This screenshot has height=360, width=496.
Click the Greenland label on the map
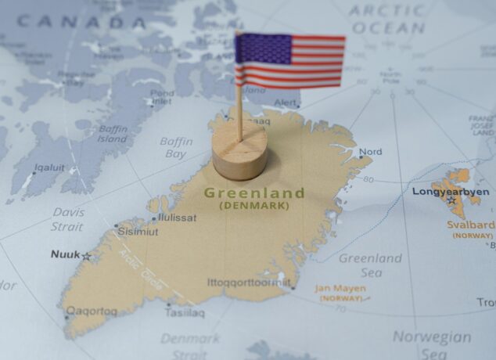click(253, 192)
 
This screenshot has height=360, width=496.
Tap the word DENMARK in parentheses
click(253, 205)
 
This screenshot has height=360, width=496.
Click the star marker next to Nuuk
click(86, 256)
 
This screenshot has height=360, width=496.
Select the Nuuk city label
click(65, 254)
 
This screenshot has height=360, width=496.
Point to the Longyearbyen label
click(451, 191)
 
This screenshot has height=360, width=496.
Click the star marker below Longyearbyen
click(451, 201)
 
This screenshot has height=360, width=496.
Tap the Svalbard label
click(470, 225)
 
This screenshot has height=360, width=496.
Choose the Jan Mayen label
click(340, 288)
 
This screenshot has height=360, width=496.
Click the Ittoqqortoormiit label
click(249, 282)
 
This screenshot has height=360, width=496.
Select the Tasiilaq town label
click(185, 313)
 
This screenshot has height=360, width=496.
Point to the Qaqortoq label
click(92, 311)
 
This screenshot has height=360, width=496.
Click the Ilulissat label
click(177, 218)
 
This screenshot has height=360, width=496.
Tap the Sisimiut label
click(138, 232)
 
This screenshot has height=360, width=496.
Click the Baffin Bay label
click(176, 148)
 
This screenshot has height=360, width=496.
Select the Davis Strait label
click(68, 219)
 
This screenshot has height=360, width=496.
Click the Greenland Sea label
click(371, 265)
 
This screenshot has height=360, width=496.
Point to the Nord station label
click(371, 152)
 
